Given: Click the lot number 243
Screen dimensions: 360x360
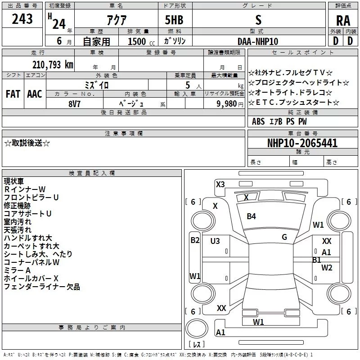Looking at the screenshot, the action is (x=22, y=18).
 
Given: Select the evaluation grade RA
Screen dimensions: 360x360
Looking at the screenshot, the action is (x=343, y=21).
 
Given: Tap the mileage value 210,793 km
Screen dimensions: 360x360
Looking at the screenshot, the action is (x=53, y=64).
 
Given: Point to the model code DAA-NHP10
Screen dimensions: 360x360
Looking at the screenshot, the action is (x=258, y=41).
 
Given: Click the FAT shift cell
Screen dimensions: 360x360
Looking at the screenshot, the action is (x=13, y=94).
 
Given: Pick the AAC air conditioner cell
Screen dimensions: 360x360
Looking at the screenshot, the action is (x=35, y=94).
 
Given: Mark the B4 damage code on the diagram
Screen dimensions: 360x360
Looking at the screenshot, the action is (x=251, y=216).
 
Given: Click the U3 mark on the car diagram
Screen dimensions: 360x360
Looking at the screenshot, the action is (x=215, y=241).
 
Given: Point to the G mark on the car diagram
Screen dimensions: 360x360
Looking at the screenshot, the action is (x=284, y=237).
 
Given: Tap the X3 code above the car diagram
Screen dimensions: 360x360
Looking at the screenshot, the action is (x=220, y=184).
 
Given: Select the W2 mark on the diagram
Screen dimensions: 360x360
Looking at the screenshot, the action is (x=327, y=268).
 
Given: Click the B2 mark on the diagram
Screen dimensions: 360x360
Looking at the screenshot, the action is (x=195, y=240).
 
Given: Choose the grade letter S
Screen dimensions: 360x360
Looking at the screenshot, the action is (x=258, y=20).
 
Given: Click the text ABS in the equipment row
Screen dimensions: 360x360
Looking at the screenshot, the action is (x=258, y=121).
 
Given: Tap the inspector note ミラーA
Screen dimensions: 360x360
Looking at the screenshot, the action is (x=17, y=270).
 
